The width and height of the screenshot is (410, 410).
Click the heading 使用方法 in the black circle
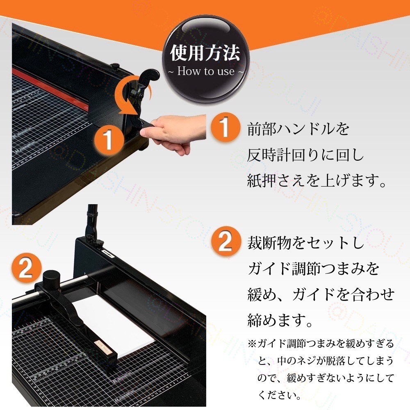click(205, 53)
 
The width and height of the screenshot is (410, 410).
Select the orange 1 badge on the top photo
click(108, 140)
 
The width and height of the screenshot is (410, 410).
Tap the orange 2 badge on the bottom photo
click(25, 269)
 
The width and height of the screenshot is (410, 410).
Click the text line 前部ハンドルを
click(298, 129)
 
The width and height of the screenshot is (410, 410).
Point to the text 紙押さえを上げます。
click(317, 181)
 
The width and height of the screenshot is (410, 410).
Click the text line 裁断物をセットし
click(305, 244)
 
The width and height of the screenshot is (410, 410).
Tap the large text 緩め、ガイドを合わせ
click(321, 294)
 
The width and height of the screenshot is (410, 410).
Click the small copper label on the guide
click(101, 347)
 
